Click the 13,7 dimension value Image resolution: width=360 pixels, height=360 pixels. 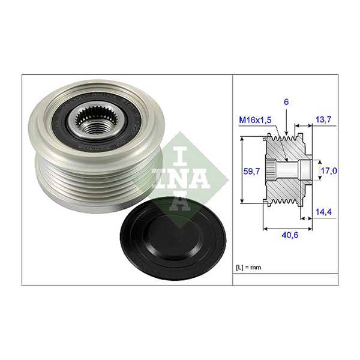[324, 121]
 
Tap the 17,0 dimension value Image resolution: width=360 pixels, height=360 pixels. [329, 171]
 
